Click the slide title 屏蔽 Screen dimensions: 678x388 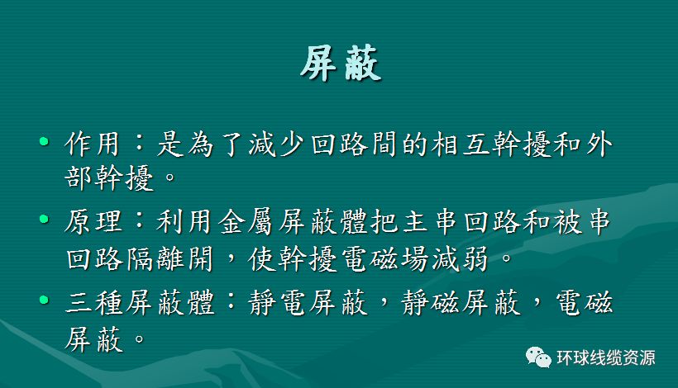[x=341, y=64]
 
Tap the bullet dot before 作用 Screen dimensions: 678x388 [x=44, y=141]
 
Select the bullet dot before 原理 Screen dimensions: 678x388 [x=44, y=220]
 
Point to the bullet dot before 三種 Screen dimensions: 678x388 [x=44, y=299]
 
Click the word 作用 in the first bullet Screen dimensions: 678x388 [x=92, y=144]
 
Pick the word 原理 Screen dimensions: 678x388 [x=93, y=222]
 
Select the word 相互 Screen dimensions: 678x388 [x=461, y=144]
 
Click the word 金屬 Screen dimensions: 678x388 [x=246, y=222]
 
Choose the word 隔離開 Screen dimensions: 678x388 [x=170, y=259]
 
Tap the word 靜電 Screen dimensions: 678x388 [x=277, y=302]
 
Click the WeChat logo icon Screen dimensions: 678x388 [x=538, y=357]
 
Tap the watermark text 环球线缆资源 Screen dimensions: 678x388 [x=606, y=357]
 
